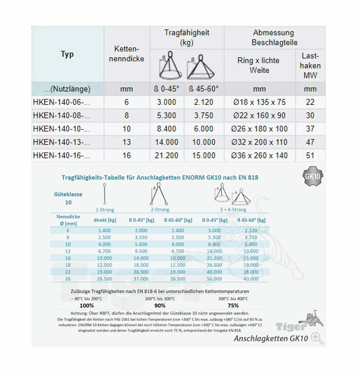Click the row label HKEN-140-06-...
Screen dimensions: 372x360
coord(61,102)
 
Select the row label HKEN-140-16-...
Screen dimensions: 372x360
coord(61,155)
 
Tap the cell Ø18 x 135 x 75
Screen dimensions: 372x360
coord(260,102)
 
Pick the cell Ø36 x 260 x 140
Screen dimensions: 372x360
coord(260,155)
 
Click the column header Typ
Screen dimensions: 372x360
coord(67,55)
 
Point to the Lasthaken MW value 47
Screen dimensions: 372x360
coord(310,142)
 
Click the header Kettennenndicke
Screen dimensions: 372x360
coord(126,55)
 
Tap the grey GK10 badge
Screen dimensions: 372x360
coord(313,177)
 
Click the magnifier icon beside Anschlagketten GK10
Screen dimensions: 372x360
coord(317,338)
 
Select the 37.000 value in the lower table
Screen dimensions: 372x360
coord(140,278)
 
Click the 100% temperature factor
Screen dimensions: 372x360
coord(87,304)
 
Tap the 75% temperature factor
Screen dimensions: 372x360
coord(233,304)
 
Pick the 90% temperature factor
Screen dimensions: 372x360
coord(160,304)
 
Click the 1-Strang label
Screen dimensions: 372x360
coord(105,210)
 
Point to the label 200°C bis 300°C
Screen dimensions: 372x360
coord(160,297)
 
